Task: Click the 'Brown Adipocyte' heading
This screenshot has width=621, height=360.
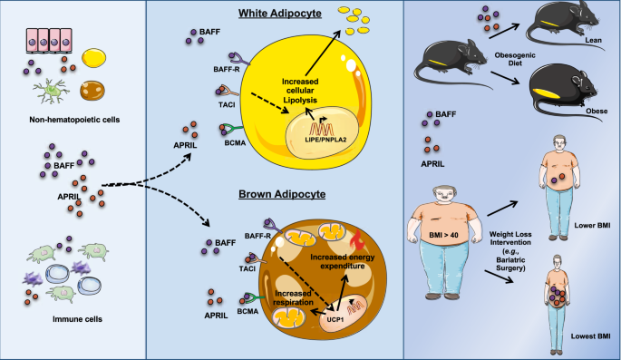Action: tap(271, 192)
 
